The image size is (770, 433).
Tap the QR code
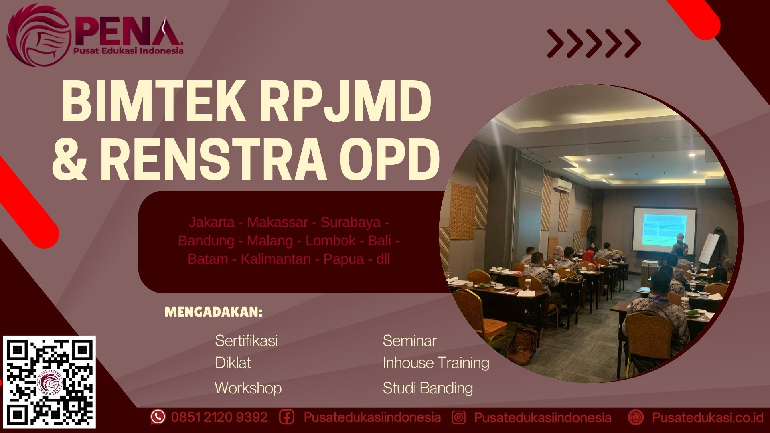[50, 382]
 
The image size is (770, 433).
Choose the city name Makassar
[277, 222]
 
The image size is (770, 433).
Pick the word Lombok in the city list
[330, 241]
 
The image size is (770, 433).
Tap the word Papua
[344, 259]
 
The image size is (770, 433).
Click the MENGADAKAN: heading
[213, 312]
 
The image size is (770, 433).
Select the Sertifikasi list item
[246, 341]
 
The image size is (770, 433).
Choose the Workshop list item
[248, 388]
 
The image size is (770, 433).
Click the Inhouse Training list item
[436, 363]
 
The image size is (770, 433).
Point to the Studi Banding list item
[428, 388]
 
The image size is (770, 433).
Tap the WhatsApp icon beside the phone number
[158, 417]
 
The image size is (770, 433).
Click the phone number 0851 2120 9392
[219, 417]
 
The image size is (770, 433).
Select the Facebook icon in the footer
[287, 417]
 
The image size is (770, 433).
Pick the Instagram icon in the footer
[458, 417]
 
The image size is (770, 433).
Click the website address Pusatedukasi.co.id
[707, 417]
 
